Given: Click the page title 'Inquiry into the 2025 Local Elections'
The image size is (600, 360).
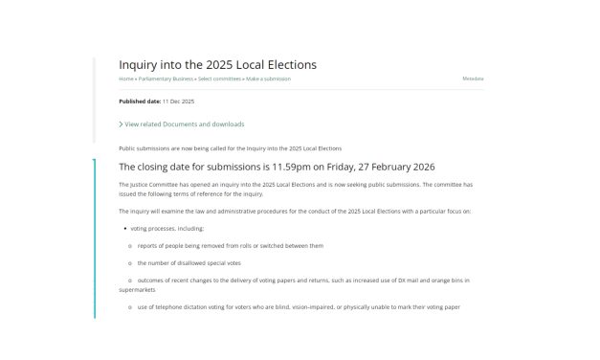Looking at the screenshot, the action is point(217,64).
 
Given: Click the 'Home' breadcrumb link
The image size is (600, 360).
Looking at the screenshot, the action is point(126,79).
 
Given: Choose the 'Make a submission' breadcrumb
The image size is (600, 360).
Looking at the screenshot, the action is point(269,79).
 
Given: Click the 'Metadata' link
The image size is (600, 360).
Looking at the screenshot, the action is point(473,79).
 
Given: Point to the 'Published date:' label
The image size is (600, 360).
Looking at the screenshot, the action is point(139,101).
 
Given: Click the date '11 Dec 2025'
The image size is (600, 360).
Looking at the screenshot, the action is point(178,101).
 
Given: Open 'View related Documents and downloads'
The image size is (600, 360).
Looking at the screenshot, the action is point(185,124).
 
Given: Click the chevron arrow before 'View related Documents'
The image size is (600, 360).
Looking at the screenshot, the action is point(121,124).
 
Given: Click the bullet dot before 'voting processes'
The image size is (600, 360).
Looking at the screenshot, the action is point(125,228).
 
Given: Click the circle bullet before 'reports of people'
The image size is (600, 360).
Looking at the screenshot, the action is point(129,245).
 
